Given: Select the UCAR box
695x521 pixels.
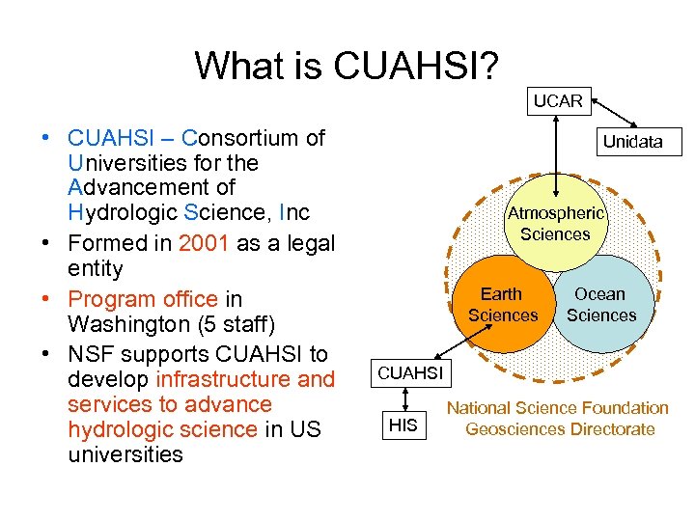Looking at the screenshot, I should coord(558,100).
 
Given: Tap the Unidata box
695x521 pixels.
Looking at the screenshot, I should coord(632,142).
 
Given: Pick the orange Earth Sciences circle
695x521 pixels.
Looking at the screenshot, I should coord(502,307).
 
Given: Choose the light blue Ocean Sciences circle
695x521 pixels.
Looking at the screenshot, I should coord(602,304).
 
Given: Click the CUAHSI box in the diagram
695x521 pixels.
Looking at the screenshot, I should coord(409,372).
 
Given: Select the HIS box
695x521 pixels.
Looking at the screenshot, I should coord(403,424).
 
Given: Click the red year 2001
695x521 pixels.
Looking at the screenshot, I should coord(204,242).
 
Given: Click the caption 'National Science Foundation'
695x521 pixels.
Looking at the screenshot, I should coord(557,408).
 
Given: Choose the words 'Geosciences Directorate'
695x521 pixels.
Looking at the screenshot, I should coord(560,429).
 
